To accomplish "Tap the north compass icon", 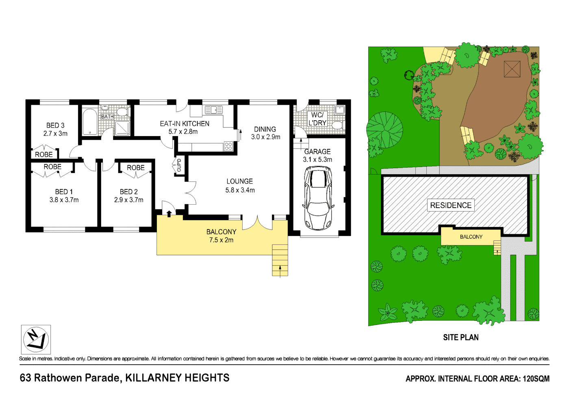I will [36, 339].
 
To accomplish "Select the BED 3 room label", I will [55, 125].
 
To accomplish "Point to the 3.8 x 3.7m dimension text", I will [64, 200].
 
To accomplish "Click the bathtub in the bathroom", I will [90, 121].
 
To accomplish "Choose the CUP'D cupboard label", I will [179, 165].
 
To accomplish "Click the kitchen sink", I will [214, 110].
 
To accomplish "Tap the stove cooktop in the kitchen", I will [228, 146].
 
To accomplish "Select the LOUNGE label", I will [240, 182].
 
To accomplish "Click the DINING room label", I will [265, 129].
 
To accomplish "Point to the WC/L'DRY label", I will [317, 119].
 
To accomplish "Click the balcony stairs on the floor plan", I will [280, 260].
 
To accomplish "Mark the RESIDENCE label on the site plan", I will [451, 205].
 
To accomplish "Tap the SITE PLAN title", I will [460, 337].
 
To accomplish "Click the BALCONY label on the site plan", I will [471, 237].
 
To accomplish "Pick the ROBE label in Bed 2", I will [135, 168].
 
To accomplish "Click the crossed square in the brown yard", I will [512, 69].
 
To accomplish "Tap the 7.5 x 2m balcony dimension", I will [221, 240].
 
